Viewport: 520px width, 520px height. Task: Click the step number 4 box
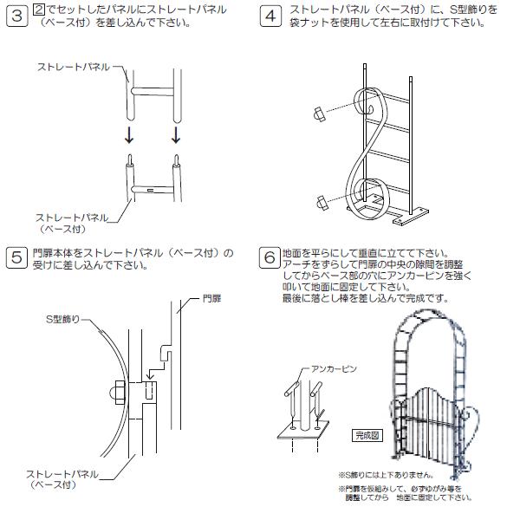pyautogui.click(x=270, y=16)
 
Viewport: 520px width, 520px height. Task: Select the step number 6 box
pyautogui.click(x=270, y=257)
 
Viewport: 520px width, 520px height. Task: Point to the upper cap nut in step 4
pyautogui.click(x=319, y=114)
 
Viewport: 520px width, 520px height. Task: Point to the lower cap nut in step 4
pyautogui.click(x=322, y=202)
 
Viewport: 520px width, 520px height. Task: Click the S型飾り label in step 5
pyautogui.click(x=64, y=319)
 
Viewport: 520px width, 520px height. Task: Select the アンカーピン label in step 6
pyautogui.click(x=333, y=368)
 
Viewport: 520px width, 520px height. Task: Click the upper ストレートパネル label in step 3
pyautogui.click(x=73, y=66)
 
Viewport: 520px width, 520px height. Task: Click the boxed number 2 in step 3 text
pyautogui.click(x=37, y=9)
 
